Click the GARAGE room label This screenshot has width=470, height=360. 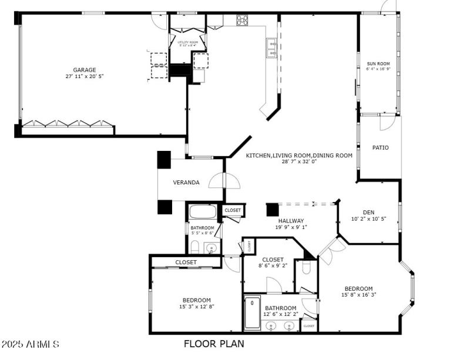click(85, 70)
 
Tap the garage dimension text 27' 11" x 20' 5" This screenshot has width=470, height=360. click(85, 76)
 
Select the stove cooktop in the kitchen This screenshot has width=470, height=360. click(242, 20)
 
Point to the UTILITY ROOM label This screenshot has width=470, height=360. click(187, 42)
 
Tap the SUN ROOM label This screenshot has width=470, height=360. click(378, 63)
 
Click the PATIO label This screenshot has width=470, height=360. click(380, 147)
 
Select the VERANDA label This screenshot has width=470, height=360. click(186, 182)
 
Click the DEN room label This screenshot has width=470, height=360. click(368, 212)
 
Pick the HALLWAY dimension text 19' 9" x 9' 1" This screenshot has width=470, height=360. click(291, 227)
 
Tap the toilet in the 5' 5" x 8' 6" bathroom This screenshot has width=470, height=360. click(195, 247)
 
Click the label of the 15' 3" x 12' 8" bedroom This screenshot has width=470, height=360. click(192, 300)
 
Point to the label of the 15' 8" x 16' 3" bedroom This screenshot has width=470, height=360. click(358, 288)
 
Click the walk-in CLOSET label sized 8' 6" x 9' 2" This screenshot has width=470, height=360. click(273, 259)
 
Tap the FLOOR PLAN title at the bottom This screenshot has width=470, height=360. click(214, 344)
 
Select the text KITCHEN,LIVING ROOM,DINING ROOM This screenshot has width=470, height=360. click(299, 155)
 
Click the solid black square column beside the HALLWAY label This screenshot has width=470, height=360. click(272, 210)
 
